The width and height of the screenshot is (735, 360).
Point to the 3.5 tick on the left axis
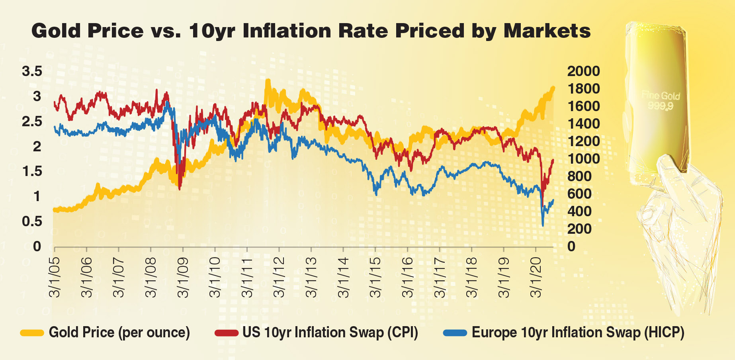(32, 71)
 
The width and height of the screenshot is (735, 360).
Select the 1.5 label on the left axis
(32, 171)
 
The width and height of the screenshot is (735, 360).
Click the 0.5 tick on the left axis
(32, 221)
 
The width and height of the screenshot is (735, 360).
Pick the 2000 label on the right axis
(583, 71)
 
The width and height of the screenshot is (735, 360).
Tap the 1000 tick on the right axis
(583, 159)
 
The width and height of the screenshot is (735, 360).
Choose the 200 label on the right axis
(579, 229)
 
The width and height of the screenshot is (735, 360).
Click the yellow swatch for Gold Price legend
(32, 333)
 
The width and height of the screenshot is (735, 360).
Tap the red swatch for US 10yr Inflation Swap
(226, 333)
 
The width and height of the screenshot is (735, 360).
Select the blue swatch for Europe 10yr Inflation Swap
(455, 333)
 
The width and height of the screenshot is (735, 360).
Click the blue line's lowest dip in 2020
(543, 225)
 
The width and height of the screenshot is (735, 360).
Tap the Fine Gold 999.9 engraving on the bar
(661, 100)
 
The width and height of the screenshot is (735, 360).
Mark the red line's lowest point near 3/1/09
(180, 189)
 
